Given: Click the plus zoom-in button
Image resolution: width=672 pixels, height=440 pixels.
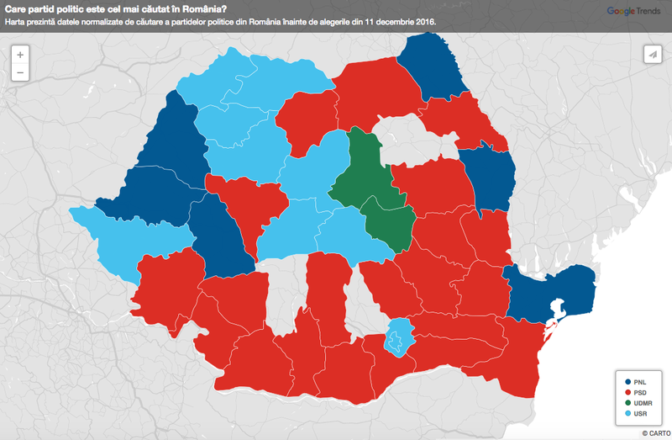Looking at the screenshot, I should tap(20, 54).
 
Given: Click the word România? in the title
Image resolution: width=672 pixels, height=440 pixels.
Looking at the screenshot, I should tap(189, 8).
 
